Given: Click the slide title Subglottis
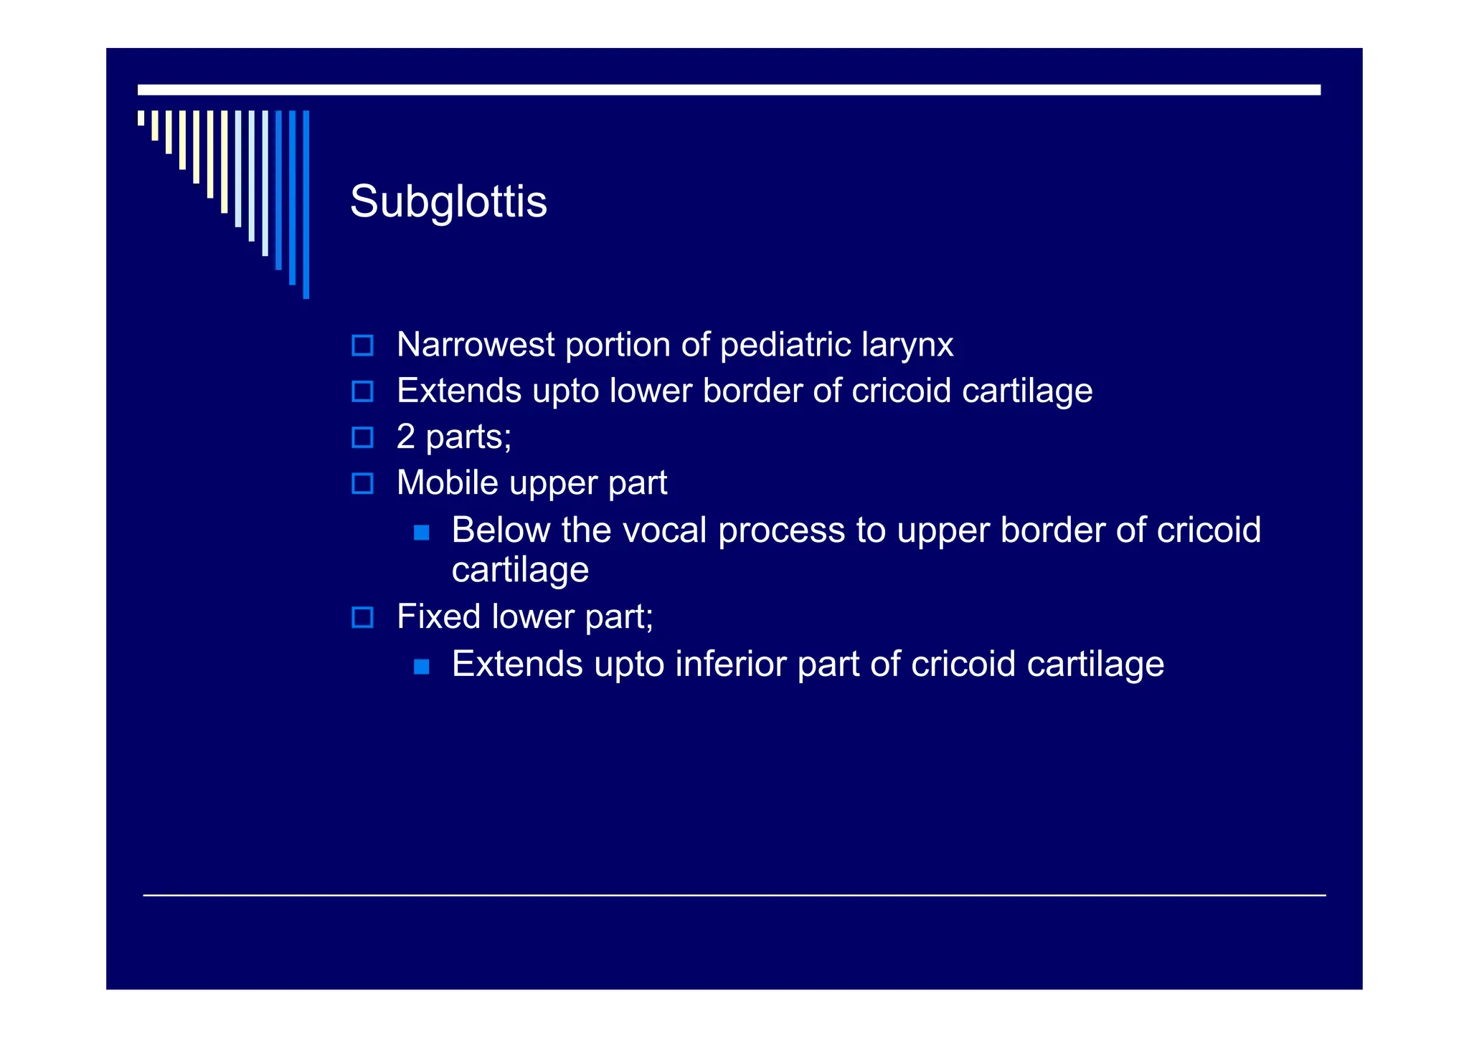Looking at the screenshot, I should (448, 201).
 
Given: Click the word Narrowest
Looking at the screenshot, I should (475, 345).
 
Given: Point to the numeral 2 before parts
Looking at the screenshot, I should (406, 437).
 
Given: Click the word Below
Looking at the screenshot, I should (501, 530).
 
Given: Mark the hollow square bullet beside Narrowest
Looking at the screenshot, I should (363, 346).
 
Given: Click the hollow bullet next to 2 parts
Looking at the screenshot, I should (363, 437).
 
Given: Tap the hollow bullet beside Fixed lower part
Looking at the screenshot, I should (363, 617).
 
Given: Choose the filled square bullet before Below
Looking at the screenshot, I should (422, 533).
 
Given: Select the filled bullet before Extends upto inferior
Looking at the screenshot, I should (422, 667).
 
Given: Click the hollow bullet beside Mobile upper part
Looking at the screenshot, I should (363, 483).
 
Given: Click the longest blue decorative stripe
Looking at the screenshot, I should (306, 204).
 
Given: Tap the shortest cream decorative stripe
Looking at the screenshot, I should (141, 118).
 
